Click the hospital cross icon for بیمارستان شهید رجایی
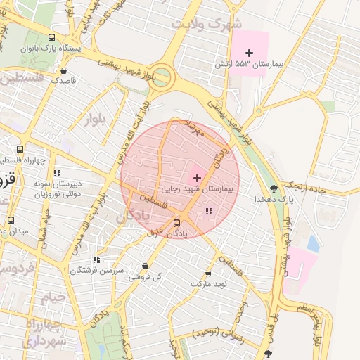point(196,177)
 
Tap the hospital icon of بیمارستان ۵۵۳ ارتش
point(249,53)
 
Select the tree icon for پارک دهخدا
point(274,188)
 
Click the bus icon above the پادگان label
point(176,224)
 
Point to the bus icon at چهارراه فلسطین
point(20,149)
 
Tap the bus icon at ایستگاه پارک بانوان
point(52,37)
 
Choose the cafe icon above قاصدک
point(65,70)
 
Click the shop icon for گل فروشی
point(145,266)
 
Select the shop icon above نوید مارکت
point(208,274)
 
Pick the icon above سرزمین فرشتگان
point(96,259)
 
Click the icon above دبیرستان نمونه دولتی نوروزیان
point(57,172)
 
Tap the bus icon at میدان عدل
point(11,219)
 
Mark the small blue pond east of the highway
point(313,244)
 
